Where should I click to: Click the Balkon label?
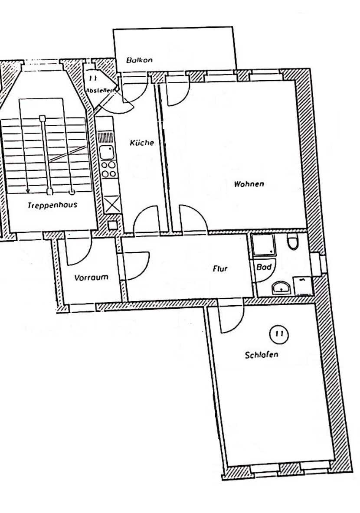[139, 60]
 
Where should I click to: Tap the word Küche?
[142, 143]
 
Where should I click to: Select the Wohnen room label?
[249, 184]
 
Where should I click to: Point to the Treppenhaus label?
[52, 206]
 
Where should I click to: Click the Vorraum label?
[91, 278]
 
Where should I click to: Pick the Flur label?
[220, 269]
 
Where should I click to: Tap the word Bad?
[264, 267]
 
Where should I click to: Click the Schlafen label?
[262, 355]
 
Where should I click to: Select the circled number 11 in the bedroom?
[279, 334]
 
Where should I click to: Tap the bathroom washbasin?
[281, 288]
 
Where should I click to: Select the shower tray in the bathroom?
[264, 245]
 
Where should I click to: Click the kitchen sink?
[107, 153]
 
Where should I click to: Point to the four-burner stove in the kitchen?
[108, 169]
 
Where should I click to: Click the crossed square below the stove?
[111, 205]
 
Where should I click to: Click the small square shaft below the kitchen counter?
[112, 225]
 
